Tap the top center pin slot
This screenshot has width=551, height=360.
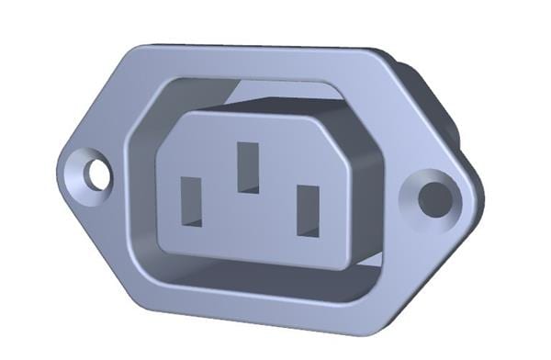tap(246, 166)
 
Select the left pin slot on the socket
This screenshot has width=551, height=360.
tap(191, 199)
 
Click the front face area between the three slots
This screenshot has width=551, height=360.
tap(248, 220)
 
